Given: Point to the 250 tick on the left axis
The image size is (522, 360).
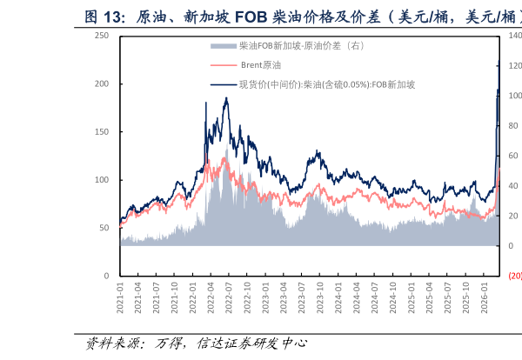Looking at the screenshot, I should click(102, 36).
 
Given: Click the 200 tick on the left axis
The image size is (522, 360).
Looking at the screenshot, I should click(102, 83).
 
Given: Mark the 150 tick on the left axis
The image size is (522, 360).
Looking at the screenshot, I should click(102, 131).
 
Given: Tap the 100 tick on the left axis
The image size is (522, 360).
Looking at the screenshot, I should click(102, 180).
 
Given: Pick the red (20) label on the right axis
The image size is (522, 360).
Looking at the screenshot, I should click(514, 276).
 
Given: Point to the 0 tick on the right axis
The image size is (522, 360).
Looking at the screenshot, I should click(511, 246).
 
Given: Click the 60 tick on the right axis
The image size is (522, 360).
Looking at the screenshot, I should click(513, 156).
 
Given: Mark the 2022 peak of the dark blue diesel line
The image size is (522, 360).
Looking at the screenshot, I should click(226, 98).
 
